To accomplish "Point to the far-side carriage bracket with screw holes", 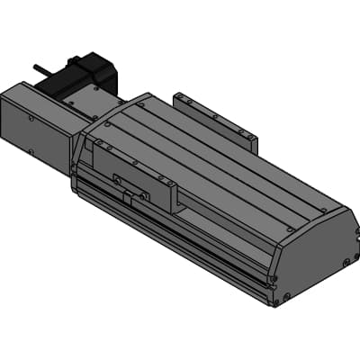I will coord(216,117).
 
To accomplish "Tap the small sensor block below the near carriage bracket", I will coord(138,196).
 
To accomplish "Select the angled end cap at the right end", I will coord(310,256).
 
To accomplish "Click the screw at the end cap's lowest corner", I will coord(287,299).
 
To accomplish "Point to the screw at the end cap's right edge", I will coord(346,263).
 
